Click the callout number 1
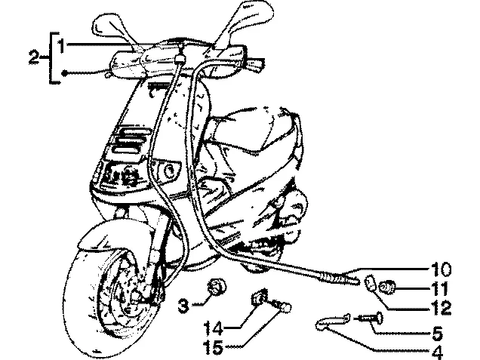(x=62, y=45)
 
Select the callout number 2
(x=34, y=57)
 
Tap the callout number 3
(x=183, y=305)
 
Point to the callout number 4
(x=437, y=352)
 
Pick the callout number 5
(x=438, y=333)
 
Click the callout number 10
(x=441, y=269)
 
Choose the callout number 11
(x=439, y=288)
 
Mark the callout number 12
(x=441, y=308)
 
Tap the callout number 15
(x=214, y=347)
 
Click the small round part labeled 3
(x=217, y=287)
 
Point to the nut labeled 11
(x=387, y=287)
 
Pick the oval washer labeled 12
(x=371, y=284)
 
